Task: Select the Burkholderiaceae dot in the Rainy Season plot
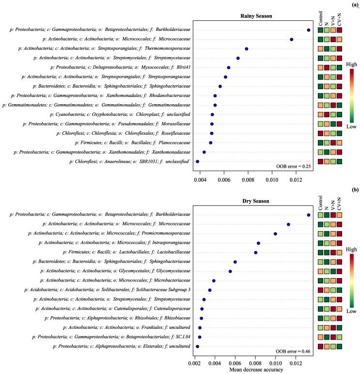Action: pos(309,30)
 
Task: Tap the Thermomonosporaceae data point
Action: pos(247,49)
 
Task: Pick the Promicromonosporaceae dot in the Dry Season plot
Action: pos(275,234)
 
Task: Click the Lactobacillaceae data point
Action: pos(256,252)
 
